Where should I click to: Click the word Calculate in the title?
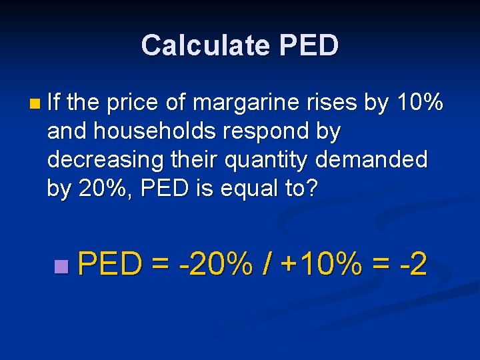205,45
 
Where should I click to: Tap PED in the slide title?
309,45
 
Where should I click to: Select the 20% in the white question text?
97,189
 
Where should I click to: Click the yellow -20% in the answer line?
215,265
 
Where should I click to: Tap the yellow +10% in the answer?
322,265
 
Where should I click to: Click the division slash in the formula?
267,265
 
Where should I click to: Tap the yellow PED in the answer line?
110,265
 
